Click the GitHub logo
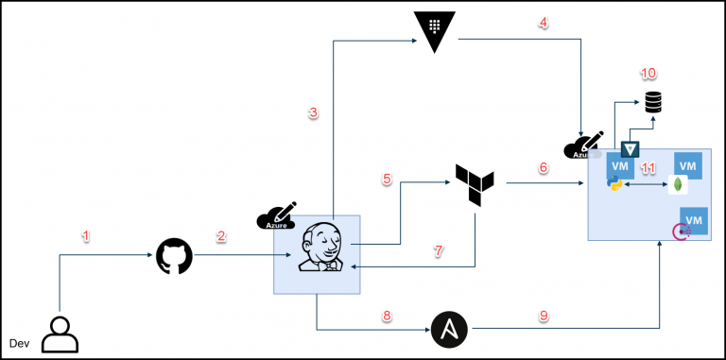point(174,256)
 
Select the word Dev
point(20,342)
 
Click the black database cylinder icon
point(653,102)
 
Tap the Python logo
point(616,182)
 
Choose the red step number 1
point(86,236)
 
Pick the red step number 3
point(314,112)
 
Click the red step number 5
point(386,179)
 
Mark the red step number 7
point(438,251)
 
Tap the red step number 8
point(386,316)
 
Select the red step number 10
point(648,73)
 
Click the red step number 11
point(648,168)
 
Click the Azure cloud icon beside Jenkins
point(277,216)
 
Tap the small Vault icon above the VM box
point(631,147)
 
